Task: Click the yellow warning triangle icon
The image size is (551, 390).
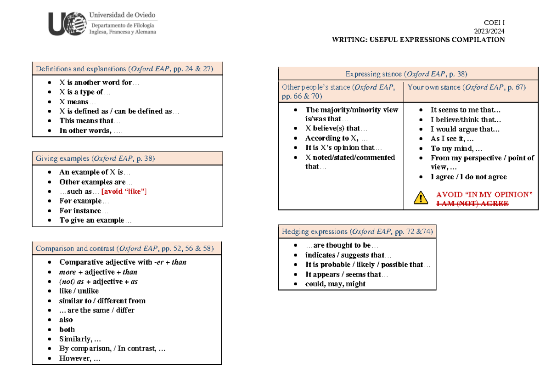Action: [x=421, y=198]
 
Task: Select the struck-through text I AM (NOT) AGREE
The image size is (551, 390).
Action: [x=472, y=203]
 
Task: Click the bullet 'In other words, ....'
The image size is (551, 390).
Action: [x=91, y=130]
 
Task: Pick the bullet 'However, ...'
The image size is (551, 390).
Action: [x=79, y=358]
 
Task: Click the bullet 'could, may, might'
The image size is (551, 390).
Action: [x=335, y=284]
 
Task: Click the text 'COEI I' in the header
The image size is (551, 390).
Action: [x=494, y=23]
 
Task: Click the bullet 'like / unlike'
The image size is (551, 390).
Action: [x=79, y=291]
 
